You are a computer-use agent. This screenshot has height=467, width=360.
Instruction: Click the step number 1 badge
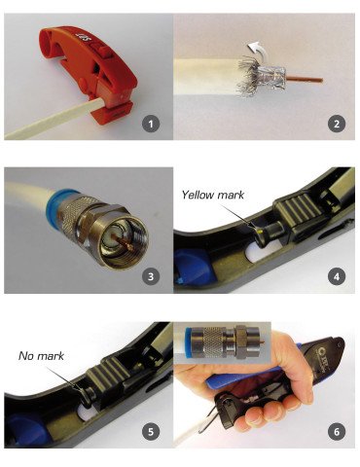tap(150, 124)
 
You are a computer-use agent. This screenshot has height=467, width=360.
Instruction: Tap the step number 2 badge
tap(336, 124)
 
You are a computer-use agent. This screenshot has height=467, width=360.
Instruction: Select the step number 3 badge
tap(150, 277)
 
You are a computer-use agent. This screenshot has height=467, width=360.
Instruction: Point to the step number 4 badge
tap(336, 277)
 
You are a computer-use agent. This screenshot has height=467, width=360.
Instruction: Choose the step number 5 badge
tap(150, 432)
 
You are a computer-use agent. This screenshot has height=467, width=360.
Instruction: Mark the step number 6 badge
tap(336, 432)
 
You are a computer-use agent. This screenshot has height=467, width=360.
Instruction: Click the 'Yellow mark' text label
tap(213, 195)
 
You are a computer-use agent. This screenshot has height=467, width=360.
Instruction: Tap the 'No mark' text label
tap(41, 356)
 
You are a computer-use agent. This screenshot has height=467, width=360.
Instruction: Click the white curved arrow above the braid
tap(256, 49)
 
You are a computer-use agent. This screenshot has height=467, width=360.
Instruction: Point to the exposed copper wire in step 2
tap(305, 79)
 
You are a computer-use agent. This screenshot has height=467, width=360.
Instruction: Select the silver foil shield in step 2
tap(271, 78)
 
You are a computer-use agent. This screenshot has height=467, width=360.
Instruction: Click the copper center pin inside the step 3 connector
tap(125, 241)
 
